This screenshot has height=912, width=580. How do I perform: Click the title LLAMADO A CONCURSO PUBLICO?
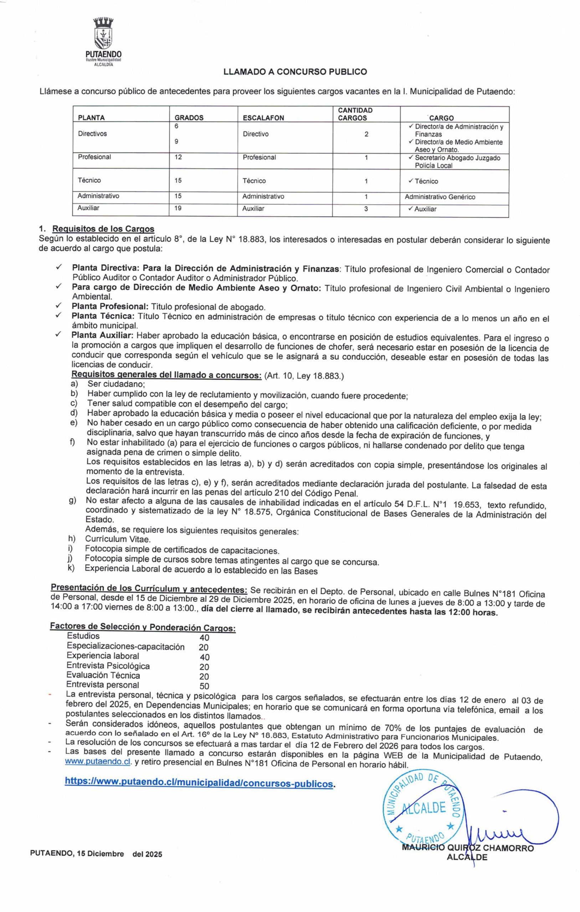(295, 72)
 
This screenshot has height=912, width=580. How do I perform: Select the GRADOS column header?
(189, 118)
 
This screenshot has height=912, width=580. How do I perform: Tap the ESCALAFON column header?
(263, 118)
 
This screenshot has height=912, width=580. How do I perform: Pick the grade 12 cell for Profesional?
(178, 157)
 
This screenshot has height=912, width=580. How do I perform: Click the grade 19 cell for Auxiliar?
(178, 208)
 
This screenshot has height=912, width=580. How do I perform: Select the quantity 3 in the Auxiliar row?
(366, 209)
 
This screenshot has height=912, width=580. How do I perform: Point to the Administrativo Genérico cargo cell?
(440, 197)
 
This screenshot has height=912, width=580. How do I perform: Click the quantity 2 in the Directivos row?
(366, 134)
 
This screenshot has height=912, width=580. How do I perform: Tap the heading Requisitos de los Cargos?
(103, 229)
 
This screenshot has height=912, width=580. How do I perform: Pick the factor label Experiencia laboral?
(103, 656)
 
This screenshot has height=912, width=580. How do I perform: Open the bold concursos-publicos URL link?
(199, 782)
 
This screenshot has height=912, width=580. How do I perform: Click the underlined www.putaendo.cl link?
(97, 762)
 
